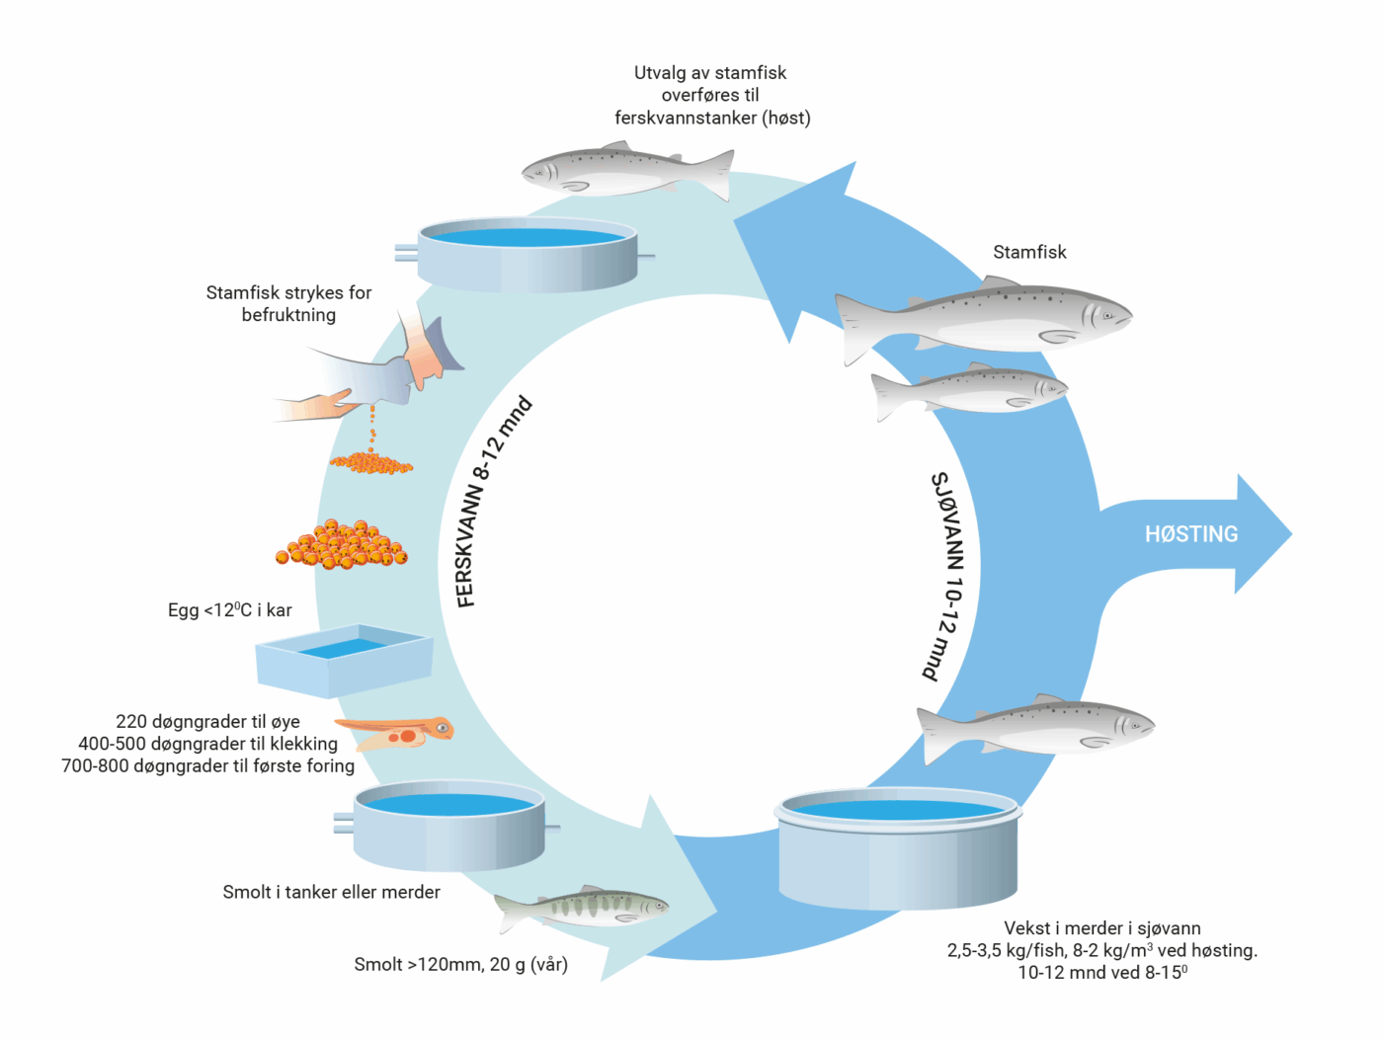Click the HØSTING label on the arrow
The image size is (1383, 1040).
pyautogui.click(x=1190, y=534)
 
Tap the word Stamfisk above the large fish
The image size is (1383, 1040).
pyautogui.click(x=1029, y=252)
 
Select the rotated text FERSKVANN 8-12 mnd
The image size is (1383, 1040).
pyautogui.click(x=493, y=502)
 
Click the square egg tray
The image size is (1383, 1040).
pyautogui.click(x=344, y=660)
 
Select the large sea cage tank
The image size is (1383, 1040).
pyautogui.click(x=897, y=849)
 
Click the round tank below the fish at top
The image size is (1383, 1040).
pyautogui.click(x=527, y=254)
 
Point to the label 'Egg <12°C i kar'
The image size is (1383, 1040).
pyautogui.click(x=229, y=610)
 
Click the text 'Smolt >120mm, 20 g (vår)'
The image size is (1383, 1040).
pyautogui.click(x=460, y=964)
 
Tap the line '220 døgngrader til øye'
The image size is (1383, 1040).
pyautogui.click(x=207, y=722)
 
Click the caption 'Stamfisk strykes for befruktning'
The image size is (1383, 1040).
pyautogui.click(x=288, y=303)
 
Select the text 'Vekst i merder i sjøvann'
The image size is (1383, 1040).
pyautogui.click(x=1101, y=928)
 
